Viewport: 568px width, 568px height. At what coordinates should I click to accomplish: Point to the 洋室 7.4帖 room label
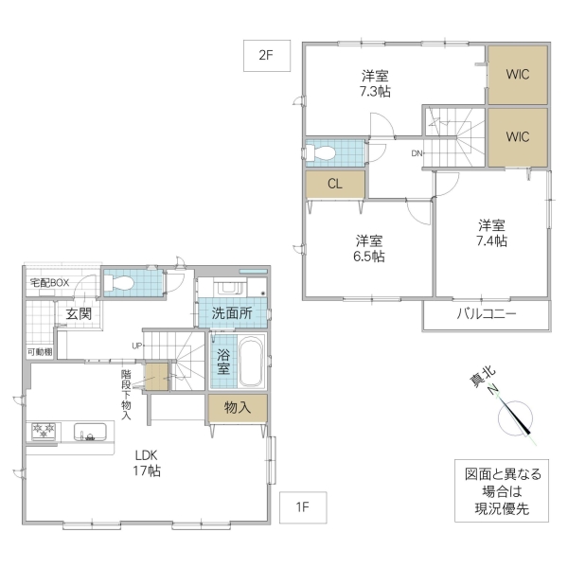[x=490, y=233]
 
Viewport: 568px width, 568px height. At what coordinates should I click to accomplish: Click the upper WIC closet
[x=517, y=74]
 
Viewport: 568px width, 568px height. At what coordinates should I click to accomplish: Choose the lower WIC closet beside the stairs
[x=517, y=136]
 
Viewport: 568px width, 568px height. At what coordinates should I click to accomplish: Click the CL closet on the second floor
[x=334, y=185]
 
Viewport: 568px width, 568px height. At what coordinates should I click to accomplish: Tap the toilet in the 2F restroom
[x=322, y=152]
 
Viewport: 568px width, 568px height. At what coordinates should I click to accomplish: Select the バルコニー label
[x=487, y=314]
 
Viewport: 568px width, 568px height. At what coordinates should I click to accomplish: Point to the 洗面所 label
[x=232, y=313]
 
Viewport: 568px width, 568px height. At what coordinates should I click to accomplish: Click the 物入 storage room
[x=237, y=408]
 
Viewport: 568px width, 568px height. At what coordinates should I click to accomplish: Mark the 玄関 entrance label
[x=78, y=314]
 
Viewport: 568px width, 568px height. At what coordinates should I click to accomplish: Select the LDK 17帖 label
[x=146, y=462]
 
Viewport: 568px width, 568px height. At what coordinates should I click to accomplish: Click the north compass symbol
[x=517, y=417]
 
